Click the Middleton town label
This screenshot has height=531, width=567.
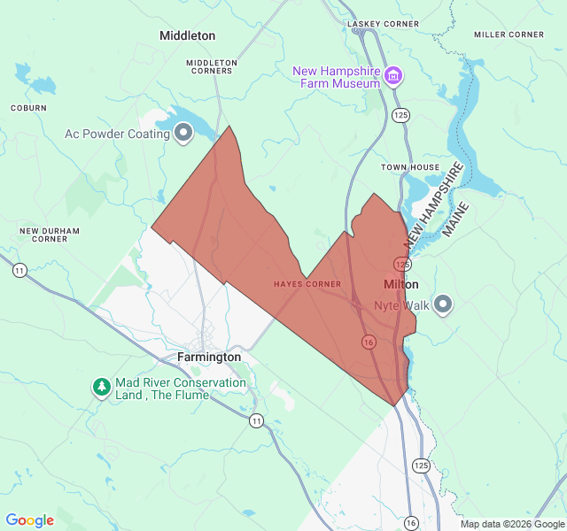click(x=187, y=35)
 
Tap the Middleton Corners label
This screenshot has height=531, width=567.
click(x=211, y=66)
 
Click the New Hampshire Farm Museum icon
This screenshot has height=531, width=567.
click(x=393, y=77)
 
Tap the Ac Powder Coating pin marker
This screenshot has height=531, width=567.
click(x=183, y=134)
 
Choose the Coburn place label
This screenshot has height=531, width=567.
click(x=28, y=108)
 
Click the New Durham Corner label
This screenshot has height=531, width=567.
click(x=50, y=235)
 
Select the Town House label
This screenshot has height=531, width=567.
click(x=410, y=167)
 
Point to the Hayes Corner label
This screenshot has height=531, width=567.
click(x=307, y=284)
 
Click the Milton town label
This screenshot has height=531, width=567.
click(x=401, y=285)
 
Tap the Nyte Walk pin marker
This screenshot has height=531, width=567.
click(x=444, y=305)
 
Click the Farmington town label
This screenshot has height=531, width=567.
click(x=209, y=357)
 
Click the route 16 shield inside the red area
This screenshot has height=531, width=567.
click(x=367, y=341)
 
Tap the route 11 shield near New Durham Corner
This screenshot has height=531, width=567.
click(x=19, y=270)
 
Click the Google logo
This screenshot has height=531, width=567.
click(x=30, y=520)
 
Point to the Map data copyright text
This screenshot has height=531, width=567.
click(x=510, y=524)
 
